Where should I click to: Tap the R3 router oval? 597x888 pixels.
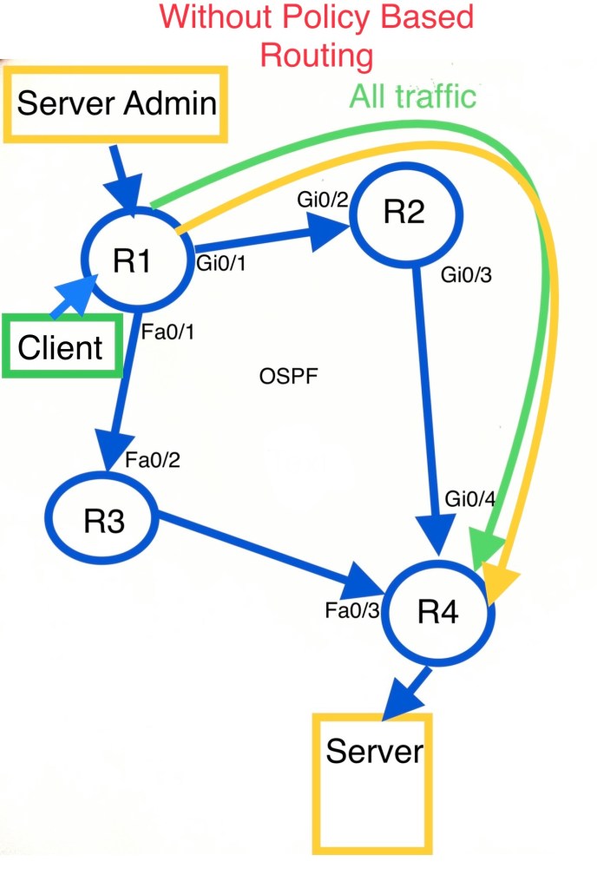102,518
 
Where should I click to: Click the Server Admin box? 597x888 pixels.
117,103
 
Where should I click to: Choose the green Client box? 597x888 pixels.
61,346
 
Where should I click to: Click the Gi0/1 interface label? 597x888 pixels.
221,263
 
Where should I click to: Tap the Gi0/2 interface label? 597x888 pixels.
323,201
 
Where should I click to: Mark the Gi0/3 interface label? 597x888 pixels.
467,276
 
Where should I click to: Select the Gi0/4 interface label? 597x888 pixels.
471,498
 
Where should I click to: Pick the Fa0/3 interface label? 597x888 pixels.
352,609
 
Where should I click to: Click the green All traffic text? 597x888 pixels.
413,95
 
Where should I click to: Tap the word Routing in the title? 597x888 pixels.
317,56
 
